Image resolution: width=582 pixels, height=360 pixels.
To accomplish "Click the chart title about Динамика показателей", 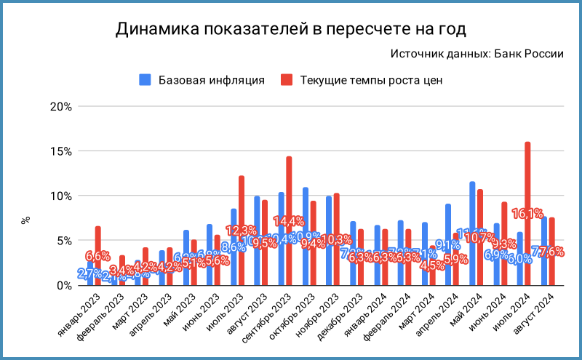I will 291,30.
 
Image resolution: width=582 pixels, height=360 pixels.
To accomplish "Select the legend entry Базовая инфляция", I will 202,80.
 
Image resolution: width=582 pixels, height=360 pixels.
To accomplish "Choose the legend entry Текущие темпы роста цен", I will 362,80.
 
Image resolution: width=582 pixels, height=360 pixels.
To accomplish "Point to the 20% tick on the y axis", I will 61,106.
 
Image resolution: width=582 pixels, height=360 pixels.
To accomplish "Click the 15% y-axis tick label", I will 61,151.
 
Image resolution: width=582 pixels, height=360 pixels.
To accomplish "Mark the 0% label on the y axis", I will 63,286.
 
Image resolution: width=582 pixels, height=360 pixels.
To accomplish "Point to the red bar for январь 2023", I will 97,240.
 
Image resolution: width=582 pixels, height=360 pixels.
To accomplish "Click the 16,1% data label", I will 527,214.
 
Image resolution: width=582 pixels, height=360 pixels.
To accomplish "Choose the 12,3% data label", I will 240,231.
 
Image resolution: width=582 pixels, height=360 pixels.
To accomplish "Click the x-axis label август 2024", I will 543,308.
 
